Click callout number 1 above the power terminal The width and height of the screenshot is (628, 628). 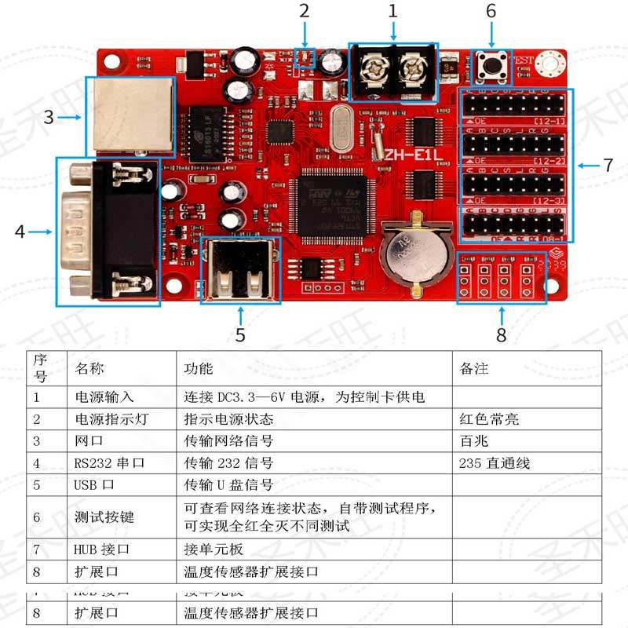(392, 11)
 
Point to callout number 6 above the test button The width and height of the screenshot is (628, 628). (491, 11)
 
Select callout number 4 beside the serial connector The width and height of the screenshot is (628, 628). (20, 231)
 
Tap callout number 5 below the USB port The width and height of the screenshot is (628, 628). (240, 335)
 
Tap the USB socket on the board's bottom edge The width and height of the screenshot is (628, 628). (240, 271)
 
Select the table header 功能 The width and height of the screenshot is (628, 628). (199, 368)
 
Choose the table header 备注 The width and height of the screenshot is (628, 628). (473, 368)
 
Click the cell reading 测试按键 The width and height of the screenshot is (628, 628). (104, 517)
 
